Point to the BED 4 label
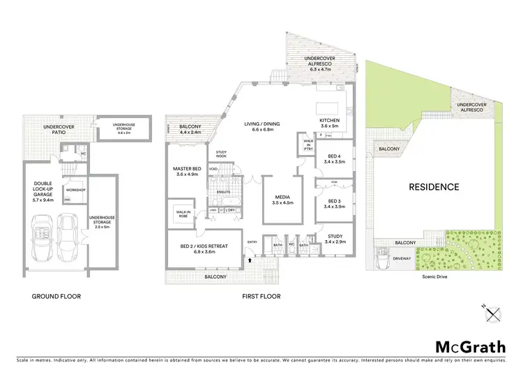(333, 156)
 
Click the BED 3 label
(333, 200)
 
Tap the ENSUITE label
(224, 191)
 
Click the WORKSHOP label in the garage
(75, 189)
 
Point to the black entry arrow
(250, 259)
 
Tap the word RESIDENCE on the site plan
(434, 187)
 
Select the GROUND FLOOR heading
(56, 296)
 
